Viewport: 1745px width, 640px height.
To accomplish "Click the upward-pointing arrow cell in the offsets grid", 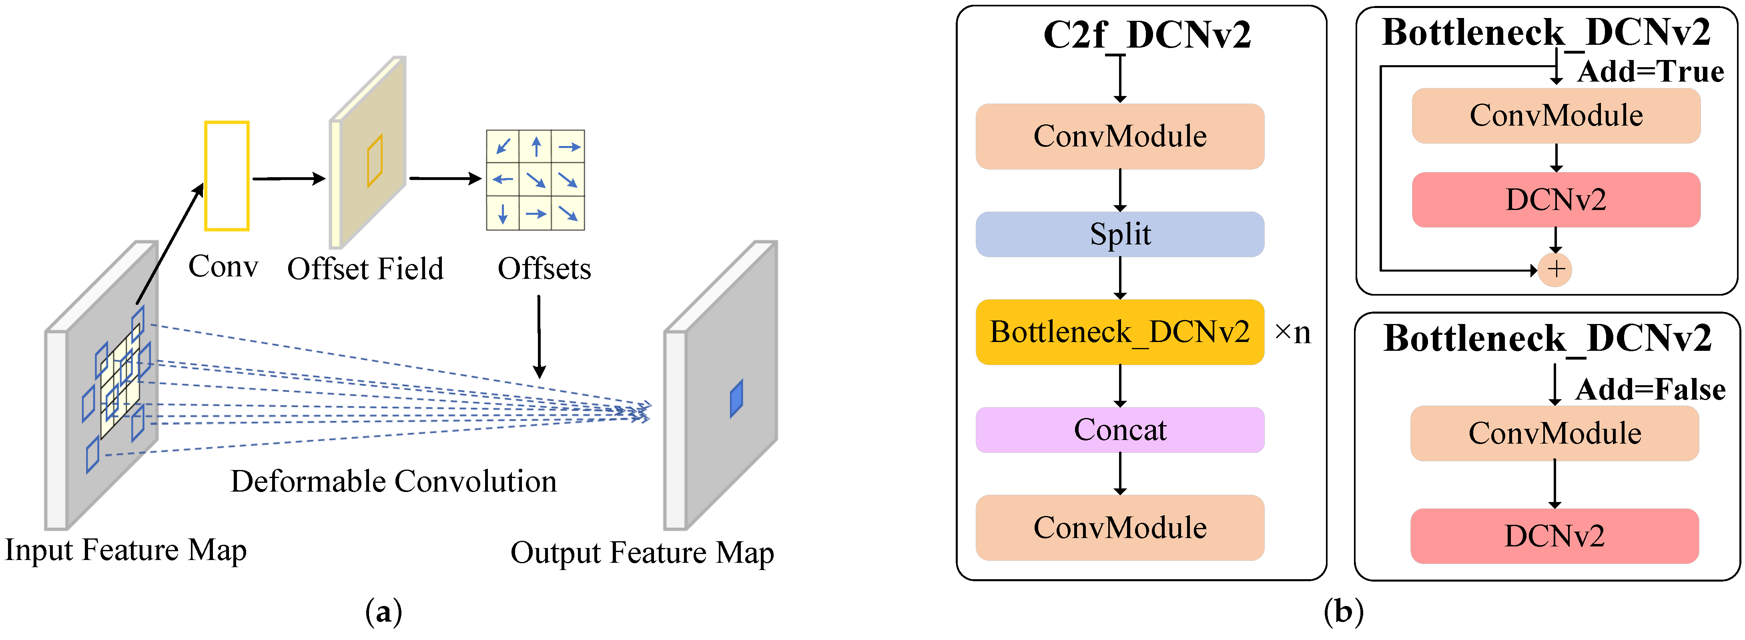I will point(536,146).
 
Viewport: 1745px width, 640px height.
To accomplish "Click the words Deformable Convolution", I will point(393,482).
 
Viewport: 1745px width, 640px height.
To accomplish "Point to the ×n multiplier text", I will point(1292,332).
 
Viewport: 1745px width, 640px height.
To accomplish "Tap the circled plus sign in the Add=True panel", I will point(1555,270).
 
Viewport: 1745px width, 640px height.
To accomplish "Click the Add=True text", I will point(1650,72).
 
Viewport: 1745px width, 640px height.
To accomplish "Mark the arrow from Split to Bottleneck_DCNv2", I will point(1120,278).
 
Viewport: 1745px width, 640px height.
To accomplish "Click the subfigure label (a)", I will point(383,612).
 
